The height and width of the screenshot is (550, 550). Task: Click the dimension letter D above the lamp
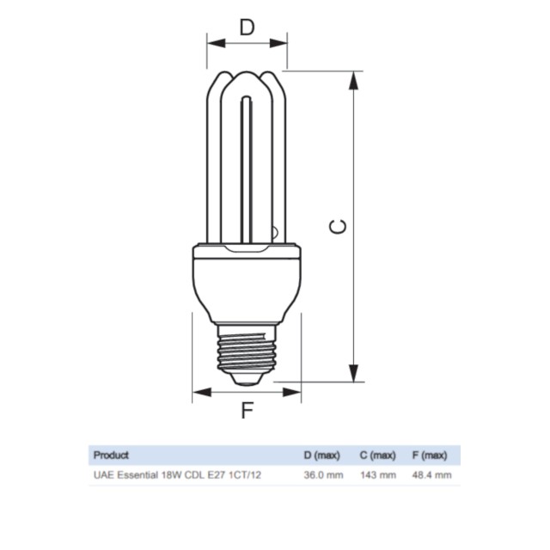tap(247, 27)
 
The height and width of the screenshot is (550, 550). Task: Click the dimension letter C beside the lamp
tap(338, 226)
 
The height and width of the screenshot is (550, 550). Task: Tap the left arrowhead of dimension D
tap(216, 44)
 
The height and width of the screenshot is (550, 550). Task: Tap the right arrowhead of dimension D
tap(278, 44)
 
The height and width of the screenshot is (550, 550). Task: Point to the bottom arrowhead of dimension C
tap(354, 373)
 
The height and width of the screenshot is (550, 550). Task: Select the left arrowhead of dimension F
tap(202, 392)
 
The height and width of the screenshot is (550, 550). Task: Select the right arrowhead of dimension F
tap(292, 392)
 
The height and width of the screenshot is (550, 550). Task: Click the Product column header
tap(111, 455)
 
